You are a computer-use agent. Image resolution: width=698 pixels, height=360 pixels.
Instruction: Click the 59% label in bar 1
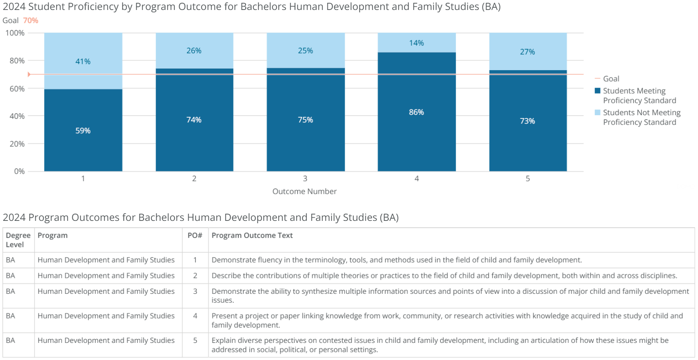pos(83,131)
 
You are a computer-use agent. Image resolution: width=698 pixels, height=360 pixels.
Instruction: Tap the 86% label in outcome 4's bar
pos(416,112)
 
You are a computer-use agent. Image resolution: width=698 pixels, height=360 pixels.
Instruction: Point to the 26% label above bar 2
pos(194,51)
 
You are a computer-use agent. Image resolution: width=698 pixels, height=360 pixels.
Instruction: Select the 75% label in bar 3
pos(306,120)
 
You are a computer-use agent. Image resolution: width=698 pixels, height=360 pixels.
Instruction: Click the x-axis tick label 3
pos(305,179)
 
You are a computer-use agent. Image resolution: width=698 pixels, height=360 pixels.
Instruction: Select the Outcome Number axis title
pos(304,191)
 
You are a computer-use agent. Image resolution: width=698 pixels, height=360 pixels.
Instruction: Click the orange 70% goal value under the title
pos(31,20)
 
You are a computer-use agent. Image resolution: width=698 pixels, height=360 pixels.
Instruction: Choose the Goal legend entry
pos(611,79)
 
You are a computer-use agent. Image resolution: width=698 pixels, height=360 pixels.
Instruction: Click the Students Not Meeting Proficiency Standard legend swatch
pos(597,112)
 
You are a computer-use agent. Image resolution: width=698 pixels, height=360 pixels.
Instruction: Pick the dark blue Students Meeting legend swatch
pos(597,91)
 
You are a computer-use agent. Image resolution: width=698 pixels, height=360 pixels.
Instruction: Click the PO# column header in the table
pos(195,236)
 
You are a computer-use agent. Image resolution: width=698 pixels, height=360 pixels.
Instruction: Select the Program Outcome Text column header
pos(252,236)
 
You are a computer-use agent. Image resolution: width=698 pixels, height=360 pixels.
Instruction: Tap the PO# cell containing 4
pos(195,316)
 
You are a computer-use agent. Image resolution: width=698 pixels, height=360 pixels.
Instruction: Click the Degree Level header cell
pos(18,240)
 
